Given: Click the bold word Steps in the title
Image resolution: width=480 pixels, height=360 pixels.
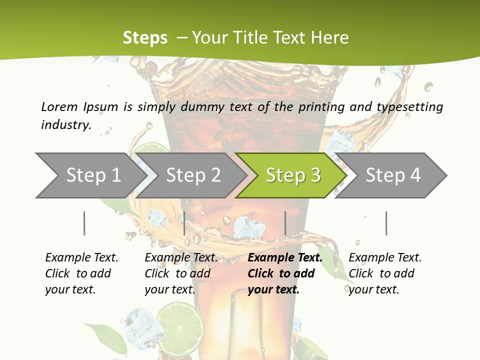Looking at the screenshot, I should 145,38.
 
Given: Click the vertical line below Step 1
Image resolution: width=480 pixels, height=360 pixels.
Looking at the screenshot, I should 84,223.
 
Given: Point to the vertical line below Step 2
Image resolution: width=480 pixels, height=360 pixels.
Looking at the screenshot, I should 184,223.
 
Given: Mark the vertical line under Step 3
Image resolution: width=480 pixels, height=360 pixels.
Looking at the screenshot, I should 285,223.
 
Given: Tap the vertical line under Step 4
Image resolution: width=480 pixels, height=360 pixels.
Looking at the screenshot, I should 386,223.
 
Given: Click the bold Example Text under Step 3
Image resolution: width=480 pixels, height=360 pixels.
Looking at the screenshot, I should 285,258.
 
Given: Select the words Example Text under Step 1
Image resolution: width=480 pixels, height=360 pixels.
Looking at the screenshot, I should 81,258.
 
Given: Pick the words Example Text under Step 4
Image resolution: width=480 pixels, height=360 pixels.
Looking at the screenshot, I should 385,258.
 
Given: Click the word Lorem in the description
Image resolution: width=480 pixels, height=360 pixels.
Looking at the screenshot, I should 59,107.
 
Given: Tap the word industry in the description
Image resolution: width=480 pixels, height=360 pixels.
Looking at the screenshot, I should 66,125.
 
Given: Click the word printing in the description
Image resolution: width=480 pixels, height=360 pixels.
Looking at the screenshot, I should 320,107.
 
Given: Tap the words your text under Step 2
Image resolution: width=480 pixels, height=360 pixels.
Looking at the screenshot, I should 169,289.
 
